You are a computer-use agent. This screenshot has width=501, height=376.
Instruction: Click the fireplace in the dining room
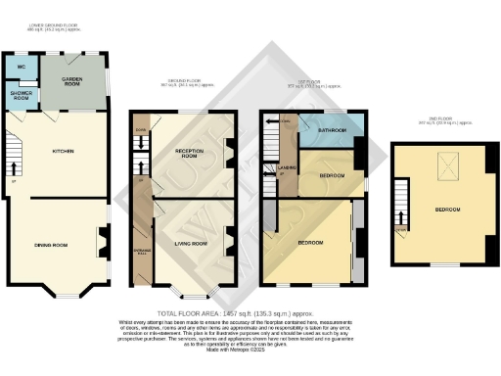101,238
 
